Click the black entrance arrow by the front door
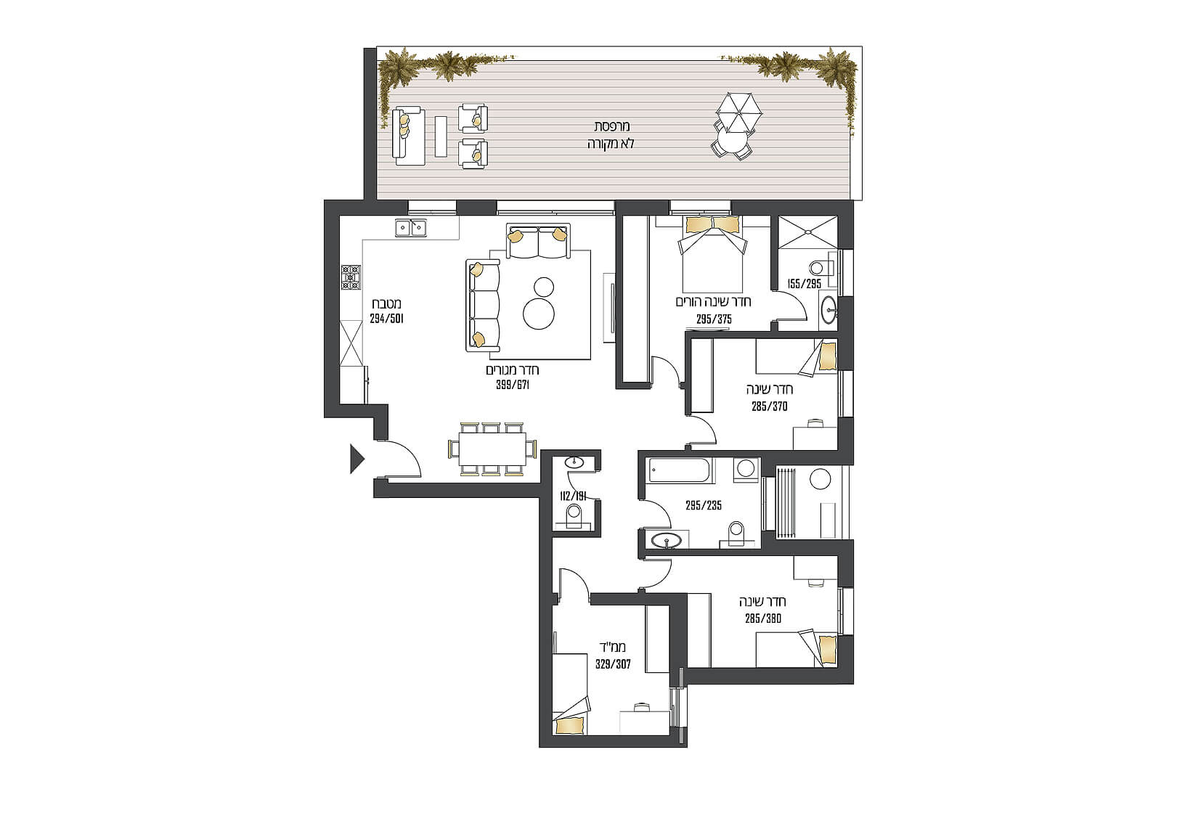click(357, 459)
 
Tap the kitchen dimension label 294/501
click(387, 319)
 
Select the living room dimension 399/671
click(513, 385)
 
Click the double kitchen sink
click(411, 228)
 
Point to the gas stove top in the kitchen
click(351, 278)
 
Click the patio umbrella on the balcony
click(738, 113)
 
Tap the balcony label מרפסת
click(611, 126)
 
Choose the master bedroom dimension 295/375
click(714, 319)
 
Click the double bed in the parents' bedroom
click(712, 254)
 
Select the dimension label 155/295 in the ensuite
click(804, 284)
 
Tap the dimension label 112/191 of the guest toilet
click(574, 497)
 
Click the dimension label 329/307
click(613, 664)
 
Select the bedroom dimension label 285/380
click(763, 618)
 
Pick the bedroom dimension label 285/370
click(769, 406)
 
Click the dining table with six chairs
click(492, 449)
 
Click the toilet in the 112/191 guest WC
click(574, 515)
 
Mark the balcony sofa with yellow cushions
click(408, 136)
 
